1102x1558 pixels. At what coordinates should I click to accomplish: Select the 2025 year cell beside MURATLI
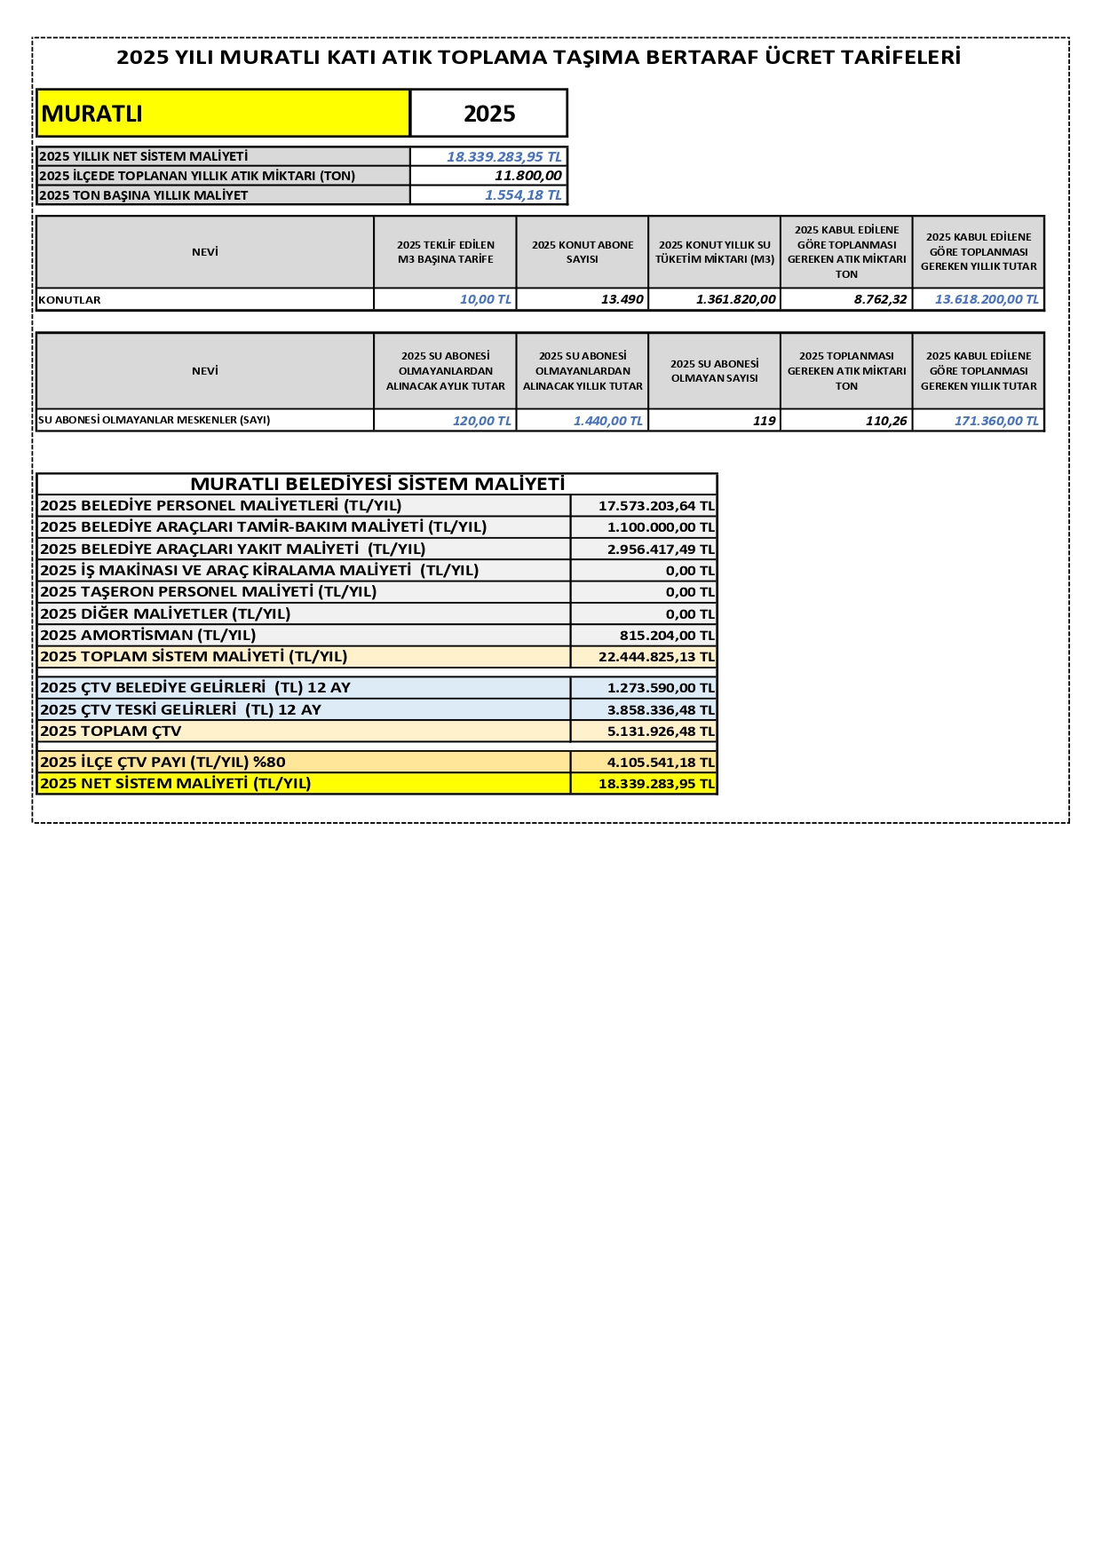[x=489, y=114]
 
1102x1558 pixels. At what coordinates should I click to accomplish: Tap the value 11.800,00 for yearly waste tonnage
[x=527, y=176]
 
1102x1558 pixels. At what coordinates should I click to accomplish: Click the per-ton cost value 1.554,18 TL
[x=523, y=195]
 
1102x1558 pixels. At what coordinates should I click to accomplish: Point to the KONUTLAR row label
[x=70, y=300]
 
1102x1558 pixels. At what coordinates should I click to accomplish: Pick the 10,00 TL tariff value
[x=485, y=300]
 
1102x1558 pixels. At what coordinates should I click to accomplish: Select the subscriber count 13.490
[x=622, y=300]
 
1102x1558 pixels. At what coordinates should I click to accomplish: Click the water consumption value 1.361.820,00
[x=735, y=300]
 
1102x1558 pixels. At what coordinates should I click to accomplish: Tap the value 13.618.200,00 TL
[x=986, y=300]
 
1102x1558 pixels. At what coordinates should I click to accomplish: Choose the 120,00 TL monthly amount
[x=481, y=421]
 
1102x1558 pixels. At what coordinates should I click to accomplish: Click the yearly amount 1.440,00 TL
[x=607, y=421]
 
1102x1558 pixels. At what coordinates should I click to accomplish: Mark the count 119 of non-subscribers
[x=764, y=421]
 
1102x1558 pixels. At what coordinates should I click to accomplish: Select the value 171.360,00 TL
[x=995, y=421]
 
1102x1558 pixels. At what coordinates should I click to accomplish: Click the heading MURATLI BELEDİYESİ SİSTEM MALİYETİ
[x=377, y=484]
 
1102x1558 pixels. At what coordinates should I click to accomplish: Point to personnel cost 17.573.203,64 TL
[x=655, y=506]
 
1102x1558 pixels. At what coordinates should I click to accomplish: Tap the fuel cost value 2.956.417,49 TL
[x=660, y=550]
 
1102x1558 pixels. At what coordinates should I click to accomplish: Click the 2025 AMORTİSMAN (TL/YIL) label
[x=148, y=635]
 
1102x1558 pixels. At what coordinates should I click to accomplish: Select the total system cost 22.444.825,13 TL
[x=655, y=657]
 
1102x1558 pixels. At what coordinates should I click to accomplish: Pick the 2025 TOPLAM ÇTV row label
[x=111, y=732]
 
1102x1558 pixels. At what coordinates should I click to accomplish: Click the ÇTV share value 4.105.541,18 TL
[x=660, y=763]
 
